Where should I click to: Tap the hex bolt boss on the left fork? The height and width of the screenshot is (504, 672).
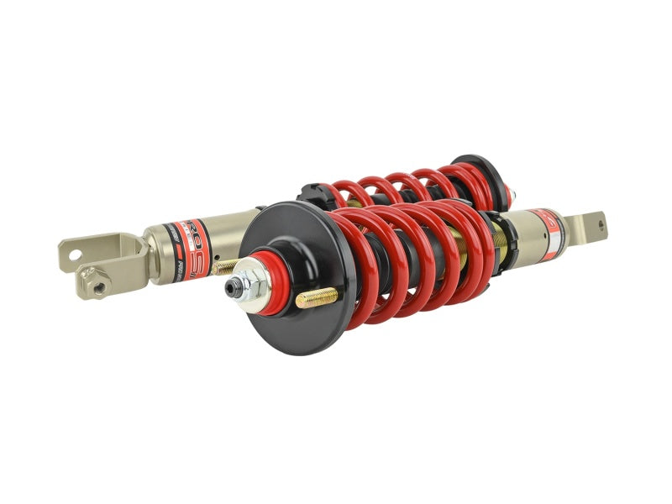pyautogui.click(x=99, y=287)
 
